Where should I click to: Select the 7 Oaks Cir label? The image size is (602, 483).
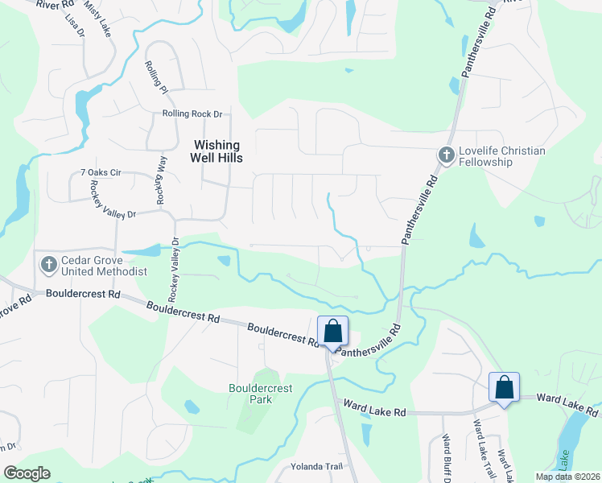pos(101,173)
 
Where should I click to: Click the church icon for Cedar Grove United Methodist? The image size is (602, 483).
pos(48,263)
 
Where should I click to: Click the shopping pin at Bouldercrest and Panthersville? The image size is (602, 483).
pos(332,332)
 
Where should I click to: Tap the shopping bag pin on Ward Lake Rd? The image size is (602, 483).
pos(504,388)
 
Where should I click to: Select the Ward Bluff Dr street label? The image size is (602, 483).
pos(443,455)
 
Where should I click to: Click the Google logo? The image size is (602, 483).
pos(27,473)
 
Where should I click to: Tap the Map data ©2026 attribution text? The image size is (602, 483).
pos(567,477)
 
